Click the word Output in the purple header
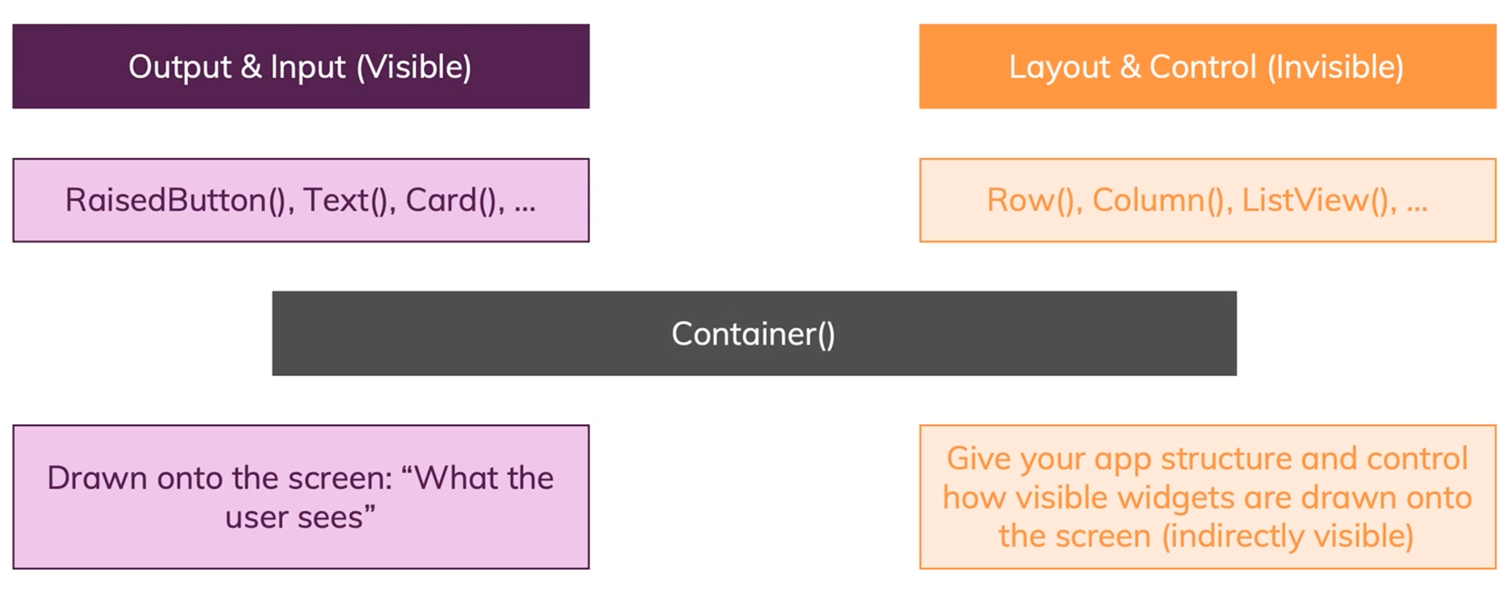[x=180, y=67]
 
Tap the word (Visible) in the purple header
[x=414, y=67]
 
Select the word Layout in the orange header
[x=1059, y=67]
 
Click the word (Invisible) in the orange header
[x=1335, y=67]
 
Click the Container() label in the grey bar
[x=753, y=334]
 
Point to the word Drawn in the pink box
[x=97, y=478]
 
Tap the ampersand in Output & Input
[x=251, y=67]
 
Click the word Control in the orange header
[x=1202, y=67]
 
